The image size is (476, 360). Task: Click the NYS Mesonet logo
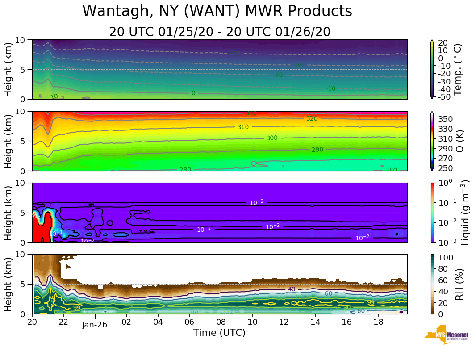pyautogui.click(x=447, y=337)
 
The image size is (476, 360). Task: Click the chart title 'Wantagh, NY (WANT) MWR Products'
pyautogui.click(x=217, y=11)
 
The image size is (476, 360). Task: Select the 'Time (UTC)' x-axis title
pyautogui.click(x=219, y=333)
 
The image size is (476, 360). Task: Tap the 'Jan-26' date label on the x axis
pyautogui.click(x=95, y=325)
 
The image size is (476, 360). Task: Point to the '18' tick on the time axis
pyautogui.click(x=378, y=322)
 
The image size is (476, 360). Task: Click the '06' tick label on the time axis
pyautogui.click(x=190, y=322)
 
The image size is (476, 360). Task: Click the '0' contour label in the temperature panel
pyautogui.click(x=193, y=93)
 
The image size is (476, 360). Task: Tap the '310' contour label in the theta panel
pyautogui.click(x=243, y=127)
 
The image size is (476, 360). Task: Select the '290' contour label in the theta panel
pyautogui.click(x=317, y=150)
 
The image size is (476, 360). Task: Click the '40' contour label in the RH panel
pyautogui.click(x=292, y=289)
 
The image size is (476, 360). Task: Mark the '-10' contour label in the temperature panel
pyautogui.click(x=330, y=89)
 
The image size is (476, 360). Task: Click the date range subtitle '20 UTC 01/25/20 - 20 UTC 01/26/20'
pyautogui.click(x=219, y=32)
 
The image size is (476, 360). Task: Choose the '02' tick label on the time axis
pyautogui.click(x=126, y=322)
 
